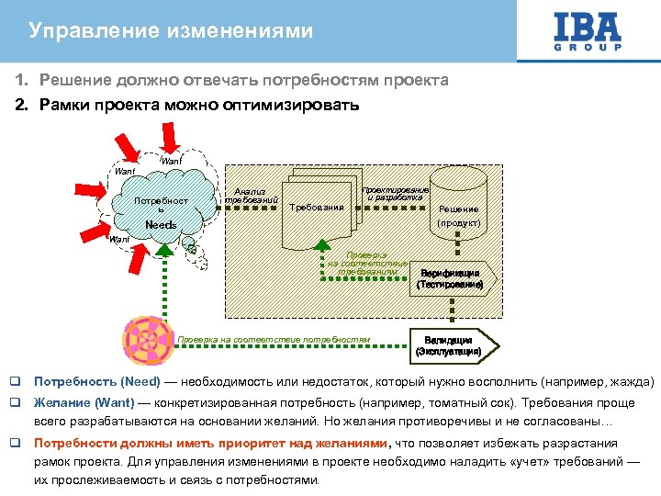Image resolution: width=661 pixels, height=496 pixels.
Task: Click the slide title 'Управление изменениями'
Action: (x=171, y=31)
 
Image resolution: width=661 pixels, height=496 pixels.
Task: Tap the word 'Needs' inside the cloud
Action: (x=162, y=225)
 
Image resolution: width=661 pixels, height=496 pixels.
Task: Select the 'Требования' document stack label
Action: (x=317, y=208)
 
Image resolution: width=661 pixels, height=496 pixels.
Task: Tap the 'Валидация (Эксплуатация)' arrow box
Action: (x=448, y=345)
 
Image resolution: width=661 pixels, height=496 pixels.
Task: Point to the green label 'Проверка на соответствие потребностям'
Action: (x=274, y=340)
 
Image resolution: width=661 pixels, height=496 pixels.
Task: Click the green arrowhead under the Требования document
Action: (x=322, y=246)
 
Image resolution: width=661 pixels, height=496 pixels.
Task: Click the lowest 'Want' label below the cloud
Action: (x=119, y=241)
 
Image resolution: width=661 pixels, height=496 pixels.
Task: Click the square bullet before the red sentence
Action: (x=15, y=443)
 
